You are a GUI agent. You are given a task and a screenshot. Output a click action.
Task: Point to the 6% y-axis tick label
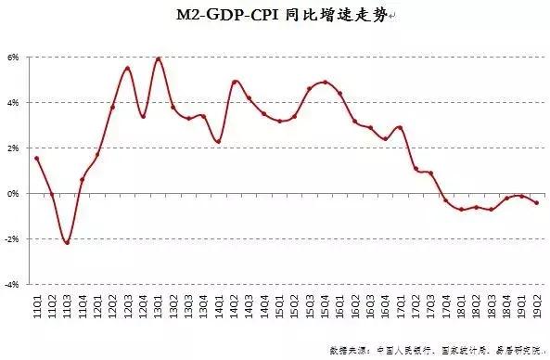click(x=14, y=58)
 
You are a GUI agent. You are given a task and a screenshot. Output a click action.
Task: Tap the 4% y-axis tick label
click(x=14, y=103)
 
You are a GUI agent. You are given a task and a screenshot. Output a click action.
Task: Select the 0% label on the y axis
click(x=14, y=194)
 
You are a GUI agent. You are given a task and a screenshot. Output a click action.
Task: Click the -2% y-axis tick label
click(x=13, y=239)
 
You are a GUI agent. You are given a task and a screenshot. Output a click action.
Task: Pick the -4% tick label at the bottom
click(x=13, y=285)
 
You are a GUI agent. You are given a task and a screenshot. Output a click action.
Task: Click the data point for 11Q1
click(x=36, y=159)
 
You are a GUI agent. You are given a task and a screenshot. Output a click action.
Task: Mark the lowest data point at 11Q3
click(x=67, y=242)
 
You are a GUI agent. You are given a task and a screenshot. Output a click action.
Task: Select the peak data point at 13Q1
click(x=159, y=59)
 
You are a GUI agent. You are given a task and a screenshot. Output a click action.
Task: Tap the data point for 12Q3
click(x=128, y=69)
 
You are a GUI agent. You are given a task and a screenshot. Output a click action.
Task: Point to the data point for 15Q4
click(x=326, y=83)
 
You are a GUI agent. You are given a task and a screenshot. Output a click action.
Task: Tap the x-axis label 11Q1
click(x=36, y=305)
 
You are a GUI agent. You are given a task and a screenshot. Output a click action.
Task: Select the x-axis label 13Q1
click(x=159, y=305)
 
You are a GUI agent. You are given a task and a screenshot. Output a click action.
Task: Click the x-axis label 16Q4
click(x=386, y=305)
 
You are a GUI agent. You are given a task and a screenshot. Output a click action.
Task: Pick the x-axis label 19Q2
click(x=538, y=305)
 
